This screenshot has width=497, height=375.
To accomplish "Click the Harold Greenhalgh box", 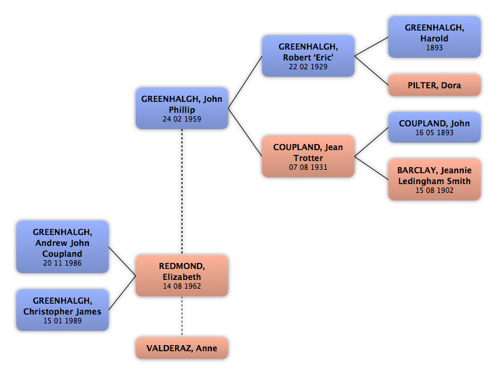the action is coord(435,37).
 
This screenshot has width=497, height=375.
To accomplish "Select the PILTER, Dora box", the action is coord(435,85).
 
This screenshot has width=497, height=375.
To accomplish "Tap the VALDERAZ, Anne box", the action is coord(182,348).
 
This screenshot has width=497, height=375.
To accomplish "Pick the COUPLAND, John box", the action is coord(435,127).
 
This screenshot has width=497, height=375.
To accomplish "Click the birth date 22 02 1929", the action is coord(308,67).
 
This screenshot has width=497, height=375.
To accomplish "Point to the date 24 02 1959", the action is coord(182,119).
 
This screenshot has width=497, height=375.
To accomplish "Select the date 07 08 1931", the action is coord(308,167).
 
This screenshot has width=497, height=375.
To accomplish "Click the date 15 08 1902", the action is coord(435,190).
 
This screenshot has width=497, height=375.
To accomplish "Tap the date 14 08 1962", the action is coord(182,286).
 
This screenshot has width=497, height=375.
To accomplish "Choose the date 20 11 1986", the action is coord(62,263).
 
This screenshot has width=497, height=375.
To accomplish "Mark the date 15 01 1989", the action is coord(62,321).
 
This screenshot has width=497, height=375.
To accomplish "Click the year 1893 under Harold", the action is coord(435,48).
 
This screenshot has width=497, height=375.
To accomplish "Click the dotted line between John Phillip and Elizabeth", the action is coord(182,192).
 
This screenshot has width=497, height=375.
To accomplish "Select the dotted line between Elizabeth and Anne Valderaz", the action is coord(182,317).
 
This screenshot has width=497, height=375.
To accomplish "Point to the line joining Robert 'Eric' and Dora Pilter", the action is coord(371,71).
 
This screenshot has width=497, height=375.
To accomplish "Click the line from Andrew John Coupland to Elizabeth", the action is coord(122,262).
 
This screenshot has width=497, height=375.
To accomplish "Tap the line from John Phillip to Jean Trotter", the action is coord(245,132).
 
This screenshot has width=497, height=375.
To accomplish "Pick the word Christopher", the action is coord(43,312).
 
